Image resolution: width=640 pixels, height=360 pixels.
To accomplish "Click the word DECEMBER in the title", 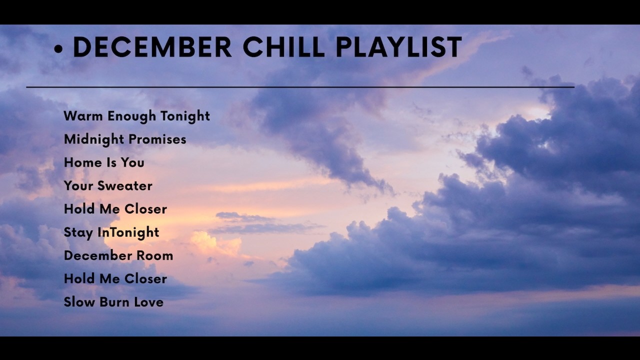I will tap(152, 47).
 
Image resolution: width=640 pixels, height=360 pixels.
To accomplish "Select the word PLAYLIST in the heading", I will tap(398, 47).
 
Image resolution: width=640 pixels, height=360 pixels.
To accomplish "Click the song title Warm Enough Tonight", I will tap(136, 116).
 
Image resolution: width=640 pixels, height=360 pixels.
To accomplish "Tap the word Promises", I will tap(157, 139).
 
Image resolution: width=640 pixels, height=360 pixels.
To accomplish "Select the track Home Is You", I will tap(104, 162).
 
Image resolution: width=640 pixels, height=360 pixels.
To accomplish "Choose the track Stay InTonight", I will tap(111, 232).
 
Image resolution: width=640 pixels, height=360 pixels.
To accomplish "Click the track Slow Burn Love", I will tap(113, 302).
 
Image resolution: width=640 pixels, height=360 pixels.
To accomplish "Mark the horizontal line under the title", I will tap(300, 87).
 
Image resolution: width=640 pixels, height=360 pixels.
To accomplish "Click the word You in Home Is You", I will tap(132, 162).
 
